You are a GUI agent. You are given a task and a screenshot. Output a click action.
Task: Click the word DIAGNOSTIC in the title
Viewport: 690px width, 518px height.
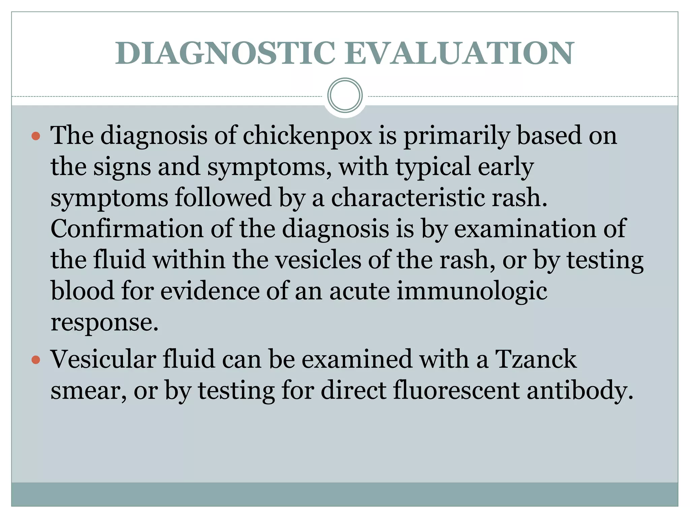click(x=225, y=53)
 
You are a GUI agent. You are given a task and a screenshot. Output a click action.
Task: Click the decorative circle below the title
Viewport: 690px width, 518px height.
click(x=345, y=95)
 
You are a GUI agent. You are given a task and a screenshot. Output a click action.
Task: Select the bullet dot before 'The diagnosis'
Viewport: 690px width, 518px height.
click(x=36, y=136)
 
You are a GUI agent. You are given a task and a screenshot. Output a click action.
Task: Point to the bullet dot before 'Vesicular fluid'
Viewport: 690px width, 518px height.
click(x=36, y=360)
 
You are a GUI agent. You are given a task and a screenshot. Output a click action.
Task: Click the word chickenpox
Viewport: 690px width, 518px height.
click(x=307, y=136)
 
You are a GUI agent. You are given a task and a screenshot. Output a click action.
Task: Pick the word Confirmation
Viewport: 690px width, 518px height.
click(x=127, y=229)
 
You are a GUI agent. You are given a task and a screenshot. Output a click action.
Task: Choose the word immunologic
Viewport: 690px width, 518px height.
click(x=472, y=291)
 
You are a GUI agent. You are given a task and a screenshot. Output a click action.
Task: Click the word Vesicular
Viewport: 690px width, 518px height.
click(x=103, y=359)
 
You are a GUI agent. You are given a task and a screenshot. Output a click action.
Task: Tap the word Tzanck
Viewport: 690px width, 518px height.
click(x=536, y=359)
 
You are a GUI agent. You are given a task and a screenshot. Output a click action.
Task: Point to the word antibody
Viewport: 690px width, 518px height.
click(x=579, y=391)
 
